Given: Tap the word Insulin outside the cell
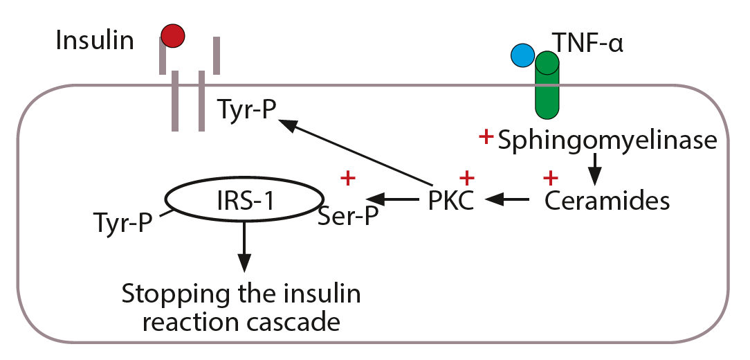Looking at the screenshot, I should (x=95, y=40).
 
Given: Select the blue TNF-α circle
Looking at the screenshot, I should (x=522, y=55).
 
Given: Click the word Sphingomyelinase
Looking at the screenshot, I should (x=607, y=141).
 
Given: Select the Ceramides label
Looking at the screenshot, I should (x=607, y=201).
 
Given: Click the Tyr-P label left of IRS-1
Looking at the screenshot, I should (x=122, y=223).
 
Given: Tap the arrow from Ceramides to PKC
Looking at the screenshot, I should (x=508, y=201).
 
